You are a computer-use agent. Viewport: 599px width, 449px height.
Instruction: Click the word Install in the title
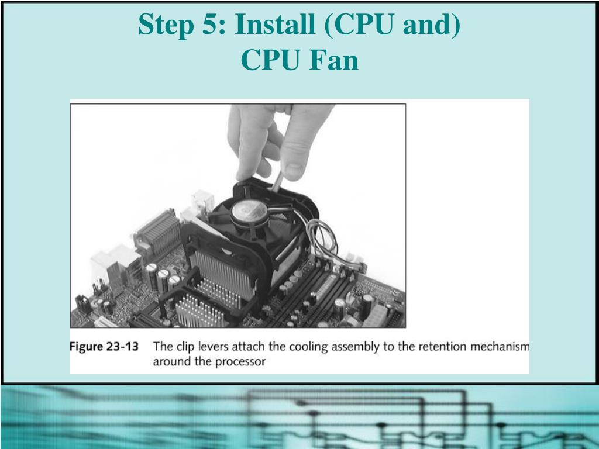tap(275, 24)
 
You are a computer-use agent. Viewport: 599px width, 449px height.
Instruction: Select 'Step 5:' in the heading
tap(183, 25)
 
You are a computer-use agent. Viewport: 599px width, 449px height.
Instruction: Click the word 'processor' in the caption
tap(240, 361)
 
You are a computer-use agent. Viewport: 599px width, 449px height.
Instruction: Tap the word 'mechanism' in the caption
tap(500, 346)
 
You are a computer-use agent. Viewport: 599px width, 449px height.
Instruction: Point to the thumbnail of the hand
tap(293, 171)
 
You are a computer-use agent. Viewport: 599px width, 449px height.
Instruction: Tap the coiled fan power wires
tap(322, 237)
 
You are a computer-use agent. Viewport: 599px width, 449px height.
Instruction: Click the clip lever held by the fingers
tap(277, 181)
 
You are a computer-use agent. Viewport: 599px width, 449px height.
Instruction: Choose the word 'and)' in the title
tap(432, 25)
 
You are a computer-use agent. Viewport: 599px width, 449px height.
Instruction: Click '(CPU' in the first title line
tap(359, 25)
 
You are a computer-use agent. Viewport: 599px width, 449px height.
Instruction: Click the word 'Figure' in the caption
tap(86, 347)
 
